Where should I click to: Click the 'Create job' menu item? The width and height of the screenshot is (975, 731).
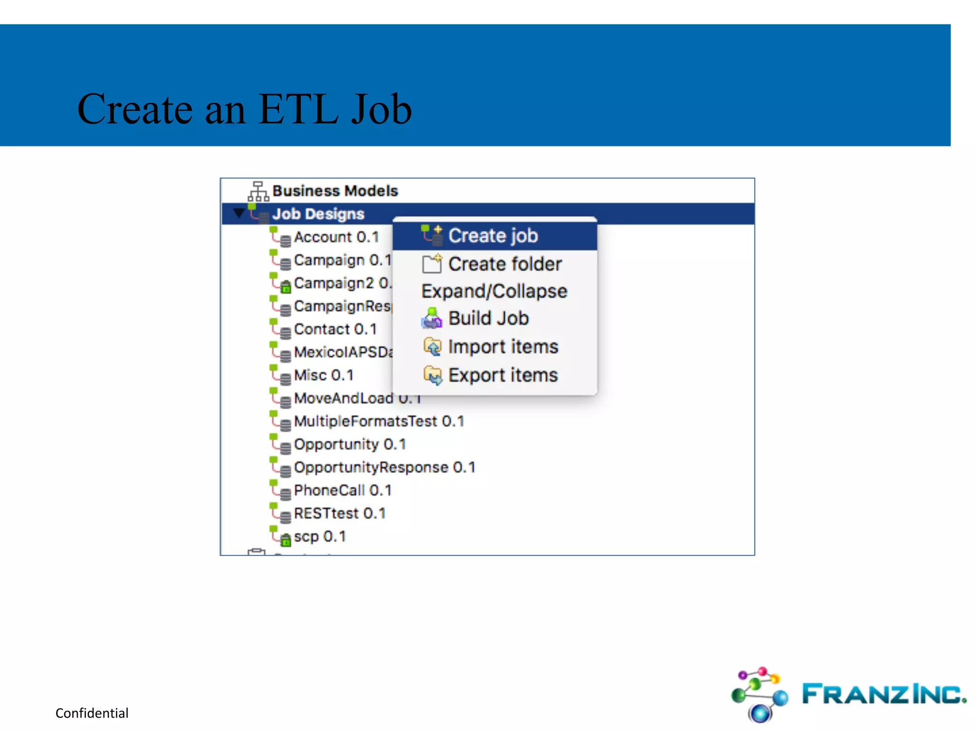coord(493,236)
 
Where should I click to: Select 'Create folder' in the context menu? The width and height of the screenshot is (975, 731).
coord(504,264)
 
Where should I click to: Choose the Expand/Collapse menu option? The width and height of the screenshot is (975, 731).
coord(494,291)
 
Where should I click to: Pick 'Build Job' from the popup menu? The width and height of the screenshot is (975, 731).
coord(488,318)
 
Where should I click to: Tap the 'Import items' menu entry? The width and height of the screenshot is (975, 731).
coord(503,346)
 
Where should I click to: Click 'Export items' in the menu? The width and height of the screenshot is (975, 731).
coord(503,375)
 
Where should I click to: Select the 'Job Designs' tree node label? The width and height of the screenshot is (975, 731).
coord(318,214)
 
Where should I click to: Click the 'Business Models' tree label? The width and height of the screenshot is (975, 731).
coord(335,191)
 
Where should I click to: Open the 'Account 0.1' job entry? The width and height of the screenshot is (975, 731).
coord(336,237)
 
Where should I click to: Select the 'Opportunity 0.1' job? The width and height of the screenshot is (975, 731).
coord(350,444)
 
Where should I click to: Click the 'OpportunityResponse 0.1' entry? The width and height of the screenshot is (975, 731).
coord(384,467)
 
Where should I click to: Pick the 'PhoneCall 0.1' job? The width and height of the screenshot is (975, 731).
coord(342,490)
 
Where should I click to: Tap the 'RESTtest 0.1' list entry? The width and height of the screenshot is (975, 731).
coord(339,513)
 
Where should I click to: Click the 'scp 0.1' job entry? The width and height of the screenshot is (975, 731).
coord(319,536)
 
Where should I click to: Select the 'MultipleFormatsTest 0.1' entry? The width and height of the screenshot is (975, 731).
coord(378,421)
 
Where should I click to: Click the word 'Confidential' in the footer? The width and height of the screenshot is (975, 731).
coord(92,713)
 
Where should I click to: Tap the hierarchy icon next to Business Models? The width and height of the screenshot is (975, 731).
coord(258,191)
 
